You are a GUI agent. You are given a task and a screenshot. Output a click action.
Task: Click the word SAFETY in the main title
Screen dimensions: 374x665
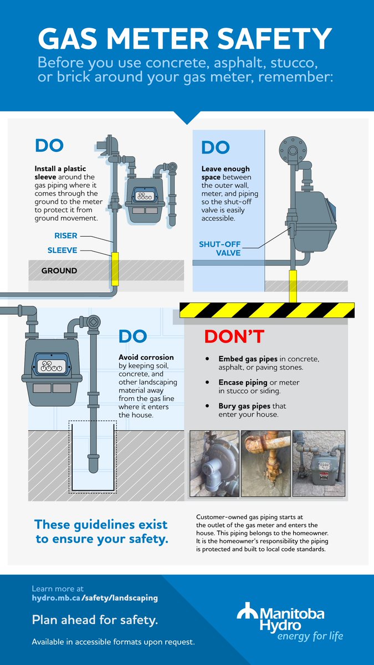coord(274,39)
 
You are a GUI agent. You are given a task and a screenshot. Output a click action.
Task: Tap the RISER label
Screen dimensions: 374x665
coord(65,236)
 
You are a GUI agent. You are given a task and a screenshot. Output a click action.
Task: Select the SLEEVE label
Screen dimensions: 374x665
coord(62,250)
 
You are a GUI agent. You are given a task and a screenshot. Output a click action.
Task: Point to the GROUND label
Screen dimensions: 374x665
coord(59,270)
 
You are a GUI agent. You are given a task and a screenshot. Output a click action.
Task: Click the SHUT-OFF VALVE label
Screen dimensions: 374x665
coord(220,248)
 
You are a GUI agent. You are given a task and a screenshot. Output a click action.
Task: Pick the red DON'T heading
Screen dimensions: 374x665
coord(234,337)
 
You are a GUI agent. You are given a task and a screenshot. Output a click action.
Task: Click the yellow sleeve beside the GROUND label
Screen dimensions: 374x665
coord(115,269)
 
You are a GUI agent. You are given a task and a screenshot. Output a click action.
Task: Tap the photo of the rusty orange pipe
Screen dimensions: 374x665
coord(265,463)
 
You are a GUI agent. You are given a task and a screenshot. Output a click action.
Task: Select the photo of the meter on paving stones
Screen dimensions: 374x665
coord(319,463)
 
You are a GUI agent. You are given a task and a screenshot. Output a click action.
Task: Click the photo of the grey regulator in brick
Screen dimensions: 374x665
coord(214,463)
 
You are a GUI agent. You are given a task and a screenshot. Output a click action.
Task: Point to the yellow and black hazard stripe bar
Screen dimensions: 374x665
coord(267,310)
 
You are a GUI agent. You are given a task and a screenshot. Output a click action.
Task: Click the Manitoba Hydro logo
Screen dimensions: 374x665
coord(290,621)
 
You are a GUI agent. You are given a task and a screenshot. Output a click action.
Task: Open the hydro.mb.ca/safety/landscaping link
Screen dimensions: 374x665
coord(95,597)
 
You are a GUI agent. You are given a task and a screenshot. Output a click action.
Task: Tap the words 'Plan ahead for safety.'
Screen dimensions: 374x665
coord(95,620)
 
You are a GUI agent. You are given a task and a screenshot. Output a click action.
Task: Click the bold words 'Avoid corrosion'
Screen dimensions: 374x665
coord(146,357)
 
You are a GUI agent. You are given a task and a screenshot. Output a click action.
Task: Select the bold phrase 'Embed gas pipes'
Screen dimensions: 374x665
coord(248,359)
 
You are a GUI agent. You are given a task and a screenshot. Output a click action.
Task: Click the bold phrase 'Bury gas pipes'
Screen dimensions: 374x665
coord(244,406)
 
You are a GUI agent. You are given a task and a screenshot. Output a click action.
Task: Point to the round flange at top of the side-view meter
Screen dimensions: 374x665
coord(293,150)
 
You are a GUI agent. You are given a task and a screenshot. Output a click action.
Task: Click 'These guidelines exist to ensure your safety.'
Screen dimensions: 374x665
coord(101,531)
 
